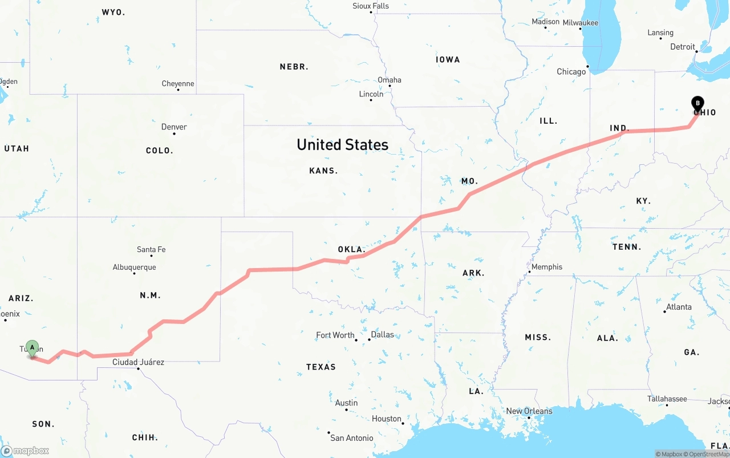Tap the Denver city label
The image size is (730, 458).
click(x=174, y=127)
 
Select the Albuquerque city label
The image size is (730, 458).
click(x=134, y=267)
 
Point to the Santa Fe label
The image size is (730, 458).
click(x=151, y=249)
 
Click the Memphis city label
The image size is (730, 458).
click(x=546, y=267)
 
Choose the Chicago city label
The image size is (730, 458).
click(x=571, y=71)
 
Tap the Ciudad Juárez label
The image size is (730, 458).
click(x=138, y=362)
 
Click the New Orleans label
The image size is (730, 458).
click(x=529, y=411)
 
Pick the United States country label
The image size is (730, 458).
click(x=342, y=145)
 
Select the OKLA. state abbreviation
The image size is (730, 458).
click(x=351, y=249)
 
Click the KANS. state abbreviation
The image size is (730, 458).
click(x=323, y=171)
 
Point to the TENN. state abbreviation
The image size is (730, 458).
click(x=627, y=247)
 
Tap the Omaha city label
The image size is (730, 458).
click(x=390, y=80)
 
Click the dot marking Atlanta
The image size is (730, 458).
click(x=665, y=312)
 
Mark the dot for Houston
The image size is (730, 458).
click(x=403, y=423)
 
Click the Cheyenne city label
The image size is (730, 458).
click(x=178, y=83)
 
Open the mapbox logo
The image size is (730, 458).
click(x=25, y=451)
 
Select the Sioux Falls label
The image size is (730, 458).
click(x=371, y=6)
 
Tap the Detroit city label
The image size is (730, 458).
click(x=683, y=47)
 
